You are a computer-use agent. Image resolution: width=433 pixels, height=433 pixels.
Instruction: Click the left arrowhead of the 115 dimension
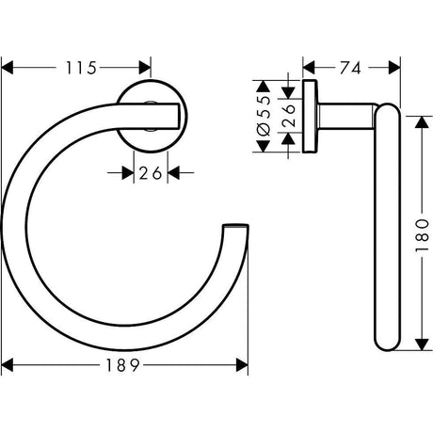pos(8,69)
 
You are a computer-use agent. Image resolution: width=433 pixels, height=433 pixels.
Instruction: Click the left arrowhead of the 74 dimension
pos(307,69)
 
